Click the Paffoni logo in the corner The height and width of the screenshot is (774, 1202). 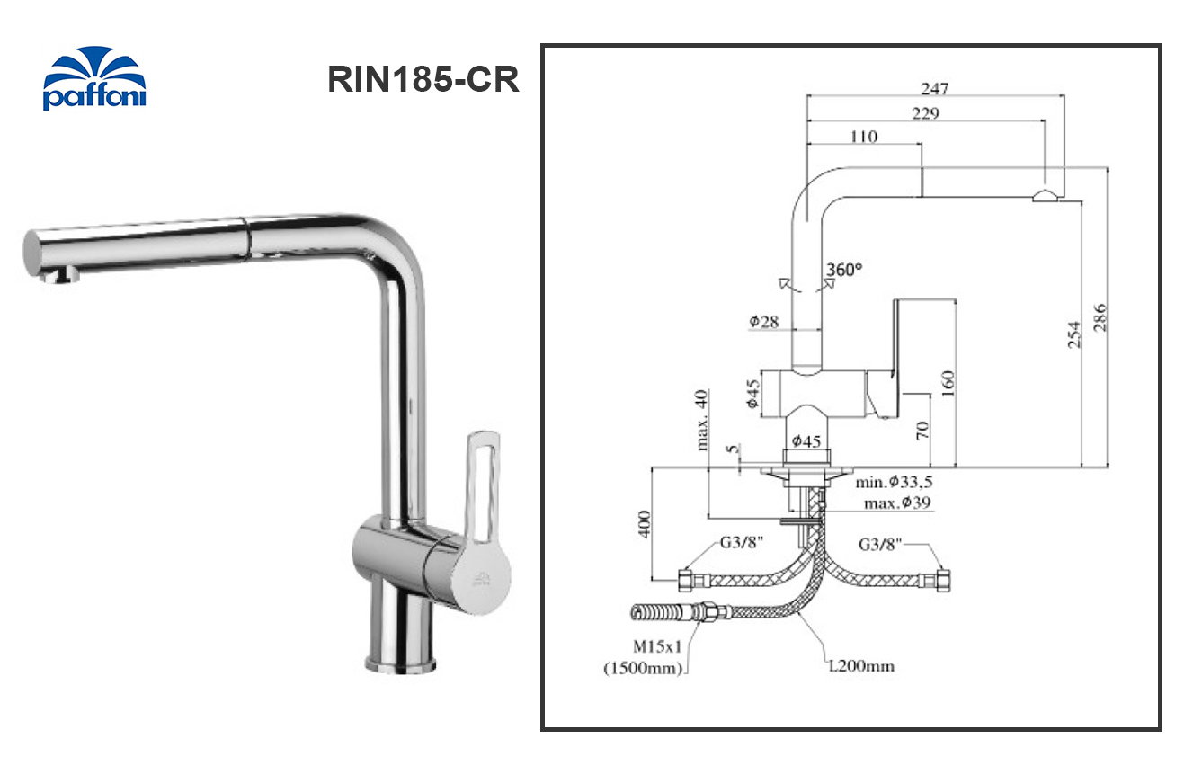(x=94, y=79)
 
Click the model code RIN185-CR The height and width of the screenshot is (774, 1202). (x=423, y=79)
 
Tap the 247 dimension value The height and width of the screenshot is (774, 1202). (x=935, y=88)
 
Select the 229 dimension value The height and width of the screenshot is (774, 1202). (x=924, y=113)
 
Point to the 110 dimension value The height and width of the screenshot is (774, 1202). (x=862, y=137)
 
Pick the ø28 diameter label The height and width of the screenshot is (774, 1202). (x=763, y=321)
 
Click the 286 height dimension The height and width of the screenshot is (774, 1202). (x=1100, y=317)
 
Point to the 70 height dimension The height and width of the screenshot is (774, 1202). (x=922, y=430)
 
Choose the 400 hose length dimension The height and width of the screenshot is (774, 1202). (x=645, y=524)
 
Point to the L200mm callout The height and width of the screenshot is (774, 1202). (x=862, y=666)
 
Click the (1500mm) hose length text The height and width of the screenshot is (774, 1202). (x=643, y=668)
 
